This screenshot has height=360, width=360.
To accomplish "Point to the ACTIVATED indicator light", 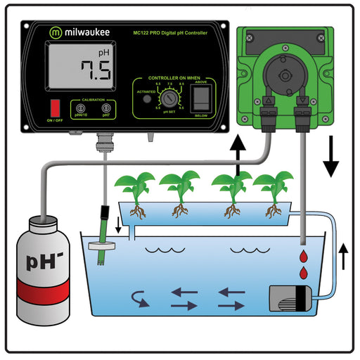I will (x=146, y=99).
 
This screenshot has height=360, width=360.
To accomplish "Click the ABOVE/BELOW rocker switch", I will (x=202, y=98).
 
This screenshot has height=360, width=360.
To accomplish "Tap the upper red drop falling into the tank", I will (x=303, y=256).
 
